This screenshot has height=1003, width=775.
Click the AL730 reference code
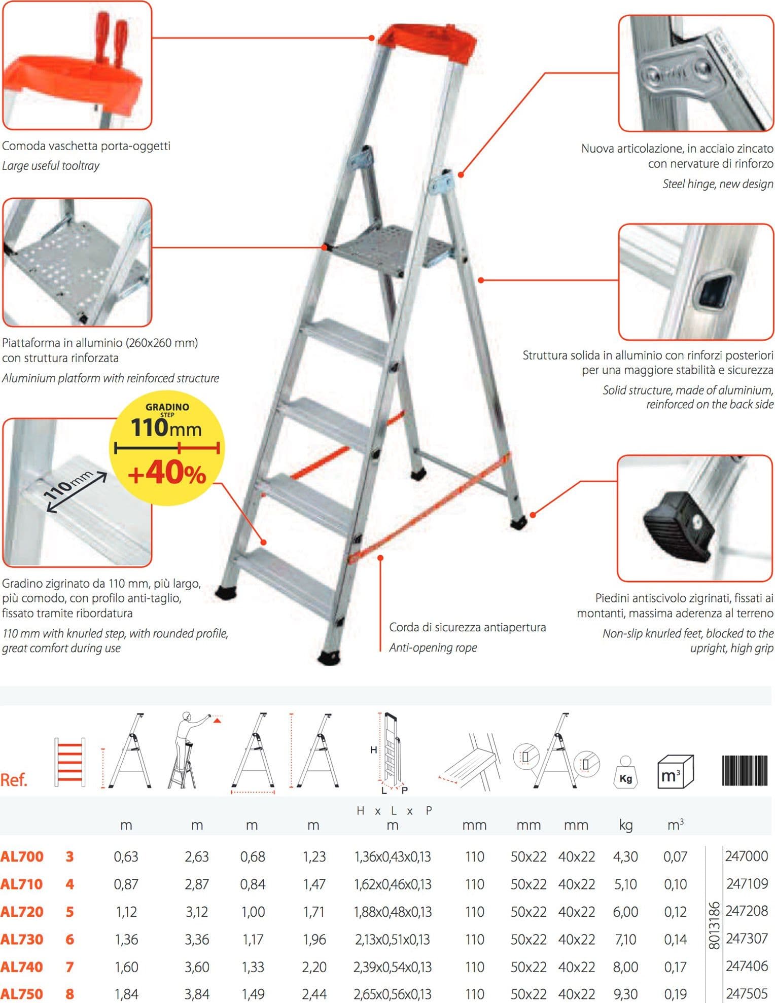tap(22, 939)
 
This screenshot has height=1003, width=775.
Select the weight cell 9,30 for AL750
tap(625, 994)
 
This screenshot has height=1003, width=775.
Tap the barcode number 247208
tap(747, 911)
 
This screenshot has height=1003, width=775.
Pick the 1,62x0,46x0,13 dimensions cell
tap(393, 884)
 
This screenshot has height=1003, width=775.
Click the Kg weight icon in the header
tap(625, 771)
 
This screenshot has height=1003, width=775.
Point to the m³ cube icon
tap(675, 771)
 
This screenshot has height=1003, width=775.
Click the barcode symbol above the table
tap(745, 770)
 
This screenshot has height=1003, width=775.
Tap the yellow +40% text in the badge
tap(167, 474)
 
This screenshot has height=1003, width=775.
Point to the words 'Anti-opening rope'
tap(433, 648)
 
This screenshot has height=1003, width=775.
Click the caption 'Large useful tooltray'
tap(51, 166)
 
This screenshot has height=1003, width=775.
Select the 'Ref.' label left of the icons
tap(14, 780)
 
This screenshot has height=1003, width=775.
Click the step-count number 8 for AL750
tap(69, 994)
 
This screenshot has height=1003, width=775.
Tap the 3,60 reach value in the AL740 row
tap(197, 966)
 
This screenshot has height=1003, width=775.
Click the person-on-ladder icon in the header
tap(193, 750)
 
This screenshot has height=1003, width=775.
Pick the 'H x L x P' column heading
tap(394, 811)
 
